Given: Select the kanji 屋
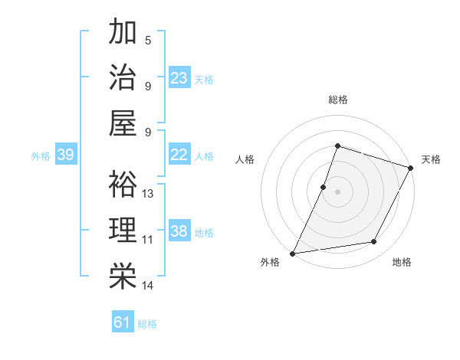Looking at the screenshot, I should click(x=123, y=125).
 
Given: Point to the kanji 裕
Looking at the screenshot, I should click(x=123, y=185).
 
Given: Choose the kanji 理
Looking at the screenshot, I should click(x=123, y=231).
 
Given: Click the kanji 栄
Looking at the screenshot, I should click(x=123, y=277).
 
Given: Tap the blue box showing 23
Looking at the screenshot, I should click(x=179, y=78).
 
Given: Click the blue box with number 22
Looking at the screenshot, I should click(x=179, y=155).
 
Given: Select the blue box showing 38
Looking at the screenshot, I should click(x=179, y=231).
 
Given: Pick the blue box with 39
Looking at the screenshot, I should click(x=65, y=155).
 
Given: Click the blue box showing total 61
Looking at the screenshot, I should click(x=123, y=322).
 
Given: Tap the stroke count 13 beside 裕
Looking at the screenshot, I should click(x=148, y=193).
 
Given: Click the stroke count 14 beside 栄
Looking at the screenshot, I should click(x=148, y=286).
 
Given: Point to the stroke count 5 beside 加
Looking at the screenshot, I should click(x=147, y=39).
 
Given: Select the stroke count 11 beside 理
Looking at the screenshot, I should click(x=148, y=240).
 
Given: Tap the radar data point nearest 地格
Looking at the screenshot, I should click(x=374, y=241).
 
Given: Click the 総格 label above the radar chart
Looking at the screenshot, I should click(x=337, y=100).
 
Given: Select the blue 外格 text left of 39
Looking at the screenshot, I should click(x=41, y=156).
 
